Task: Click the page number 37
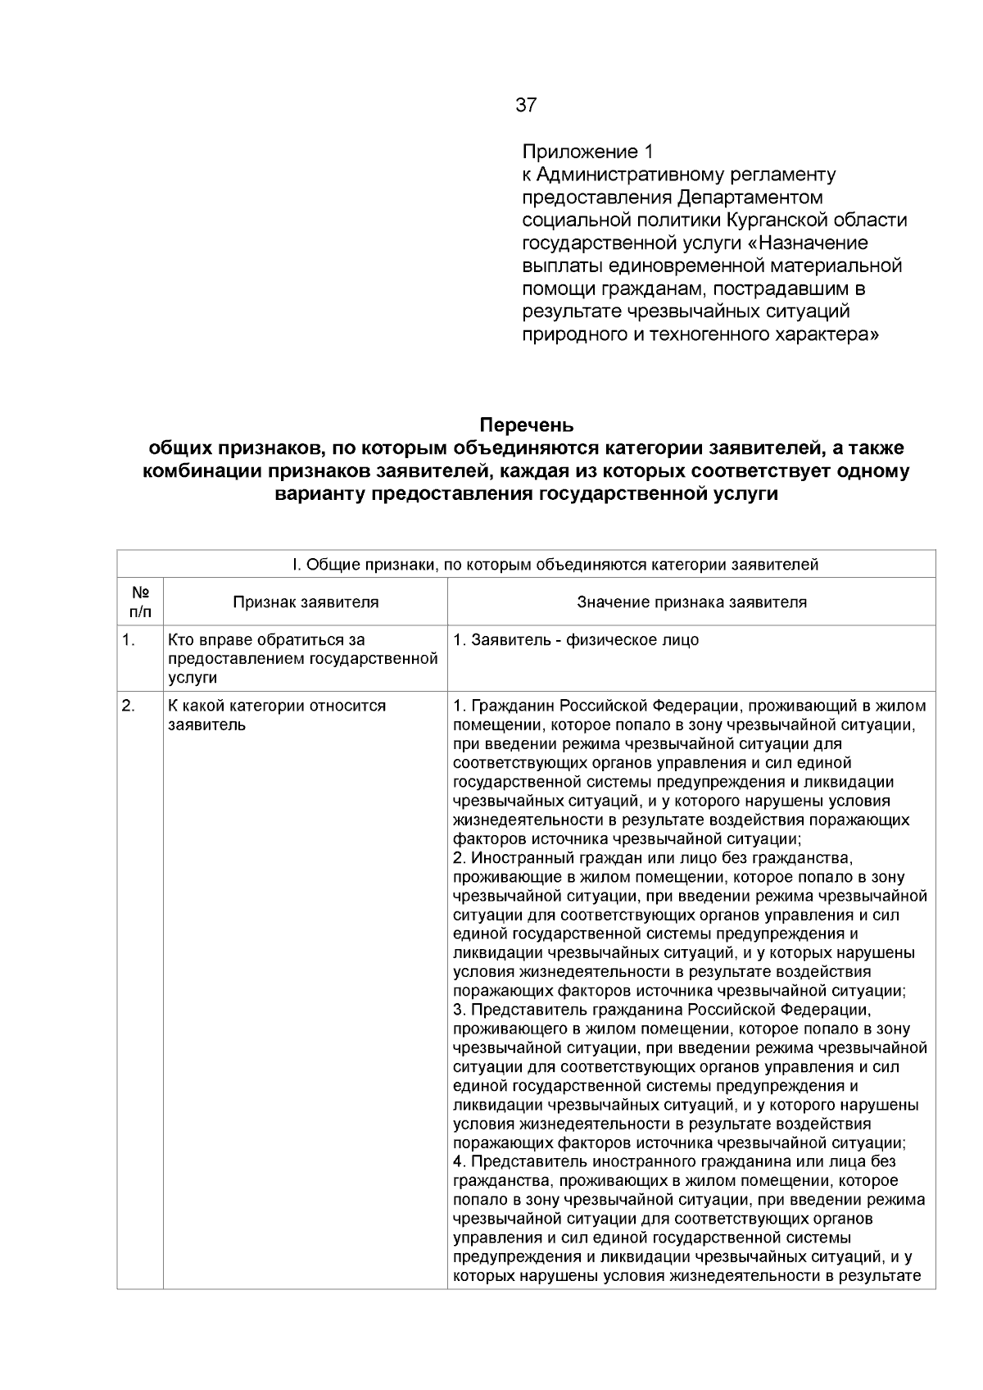point(526,105)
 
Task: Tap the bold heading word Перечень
point(527,426)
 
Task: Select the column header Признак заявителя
point(306,602)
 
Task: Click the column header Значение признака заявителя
point(691,602)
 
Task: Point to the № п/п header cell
point(140,602)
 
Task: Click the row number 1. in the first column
point(129,640)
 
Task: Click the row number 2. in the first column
point(129,706)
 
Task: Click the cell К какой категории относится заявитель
point(277,715)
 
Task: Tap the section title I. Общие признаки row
point(527,565)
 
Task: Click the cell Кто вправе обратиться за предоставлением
point(302,659)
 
